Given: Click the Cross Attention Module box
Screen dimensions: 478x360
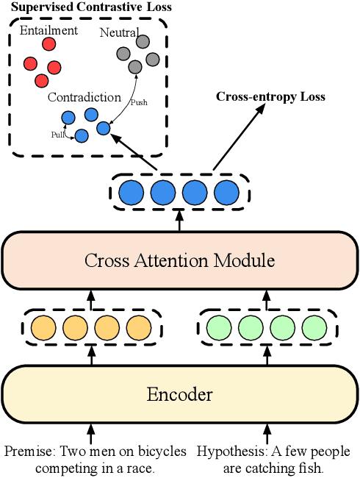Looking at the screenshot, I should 179,260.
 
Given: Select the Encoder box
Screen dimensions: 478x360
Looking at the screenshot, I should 179,394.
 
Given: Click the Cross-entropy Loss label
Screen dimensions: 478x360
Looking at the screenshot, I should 270,96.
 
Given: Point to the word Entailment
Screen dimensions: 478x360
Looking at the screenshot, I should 48,30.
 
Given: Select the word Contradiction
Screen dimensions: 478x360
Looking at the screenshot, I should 84,97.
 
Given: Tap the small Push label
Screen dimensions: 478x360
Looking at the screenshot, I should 138,102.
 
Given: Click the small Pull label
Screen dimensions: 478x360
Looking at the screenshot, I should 57,135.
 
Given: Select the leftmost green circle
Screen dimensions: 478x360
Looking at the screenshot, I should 219,327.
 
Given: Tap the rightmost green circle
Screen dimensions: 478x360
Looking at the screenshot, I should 314,327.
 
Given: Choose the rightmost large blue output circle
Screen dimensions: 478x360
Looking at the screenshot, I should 226,193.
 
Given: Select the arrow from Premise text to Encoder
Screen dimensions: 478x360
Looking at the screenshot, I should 92,432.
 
